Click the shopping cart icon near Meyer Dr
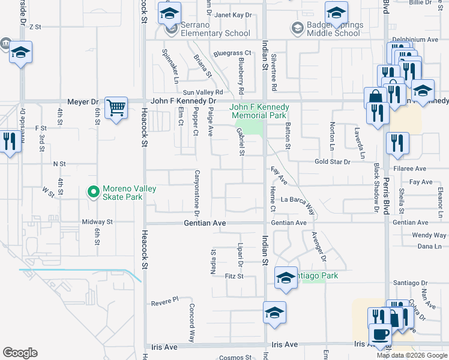(116, 109)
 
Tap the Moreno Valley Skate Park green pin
(92, 193)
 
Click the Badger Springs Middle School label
(333, 29)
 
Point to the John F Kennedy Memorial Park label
(259, 111)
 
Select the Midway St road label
(97, 222)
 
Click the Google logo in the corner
(20, 353)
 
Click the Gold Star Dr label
(333, 162)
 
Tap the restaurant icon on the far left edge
(8, 143)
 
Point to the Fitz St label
(234, 276)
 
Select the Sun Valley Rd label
(203, 92)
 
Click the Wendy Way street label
(429, 235)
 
